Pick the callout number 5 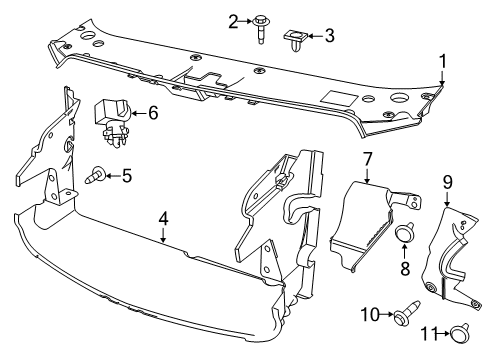point(126,176)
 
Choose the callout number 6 point(153,113)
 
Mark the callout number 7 point(367,157)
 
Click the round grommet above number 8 point(406,236)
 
